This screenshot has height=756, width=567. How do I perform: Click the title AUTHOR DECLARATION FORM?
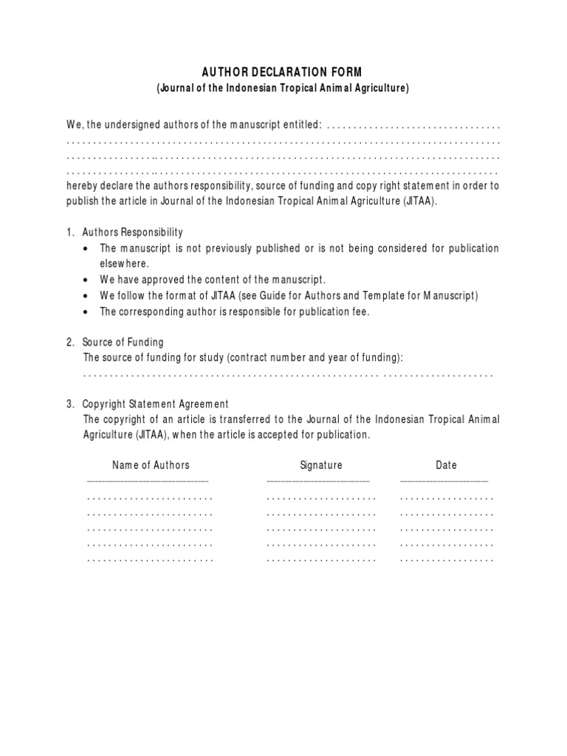coord(283,72)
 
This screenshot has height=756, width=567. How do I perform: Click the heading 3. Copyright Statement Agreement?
coord(155,404)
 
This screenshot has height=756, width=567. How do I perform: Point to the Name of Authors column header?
coord(151,465)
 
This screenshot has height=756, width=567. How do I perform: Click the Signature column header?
coord(321,465)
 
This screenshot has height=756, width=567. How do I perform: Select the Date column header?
coord(446,465)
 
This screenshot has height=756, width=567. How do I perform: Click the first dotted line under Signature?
coord(321,498)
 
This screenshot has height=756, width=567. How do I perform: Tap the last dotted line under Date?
coord(447,560)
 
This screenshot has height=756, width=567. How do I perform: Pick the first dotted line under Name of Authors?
coord(150,498)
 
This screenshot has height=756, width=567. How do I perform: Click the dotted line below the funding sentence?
coord(288,375)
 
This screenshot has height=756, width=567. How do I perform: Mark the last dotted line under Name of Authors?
coord(150,560)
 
